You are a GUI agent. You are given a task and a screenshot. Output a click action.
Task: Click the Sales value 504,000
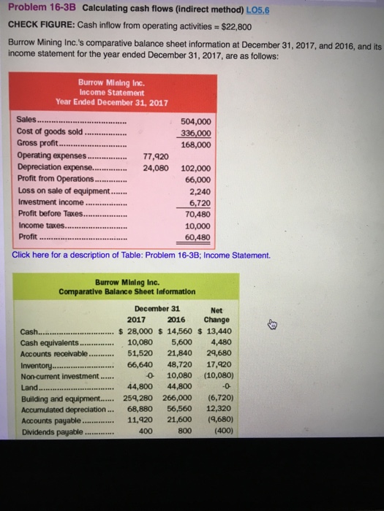195,122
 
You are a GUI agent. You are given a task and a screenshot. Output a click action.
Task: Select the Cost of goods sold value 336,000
195,133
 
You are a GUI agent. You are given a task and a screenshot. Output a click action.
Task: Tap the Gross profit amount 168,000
195,145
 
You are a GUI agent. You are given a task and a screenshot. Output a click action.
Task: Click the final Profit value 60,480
197,237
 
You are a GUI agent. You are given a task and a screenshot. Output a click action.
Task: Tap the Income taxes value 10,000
197,226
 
